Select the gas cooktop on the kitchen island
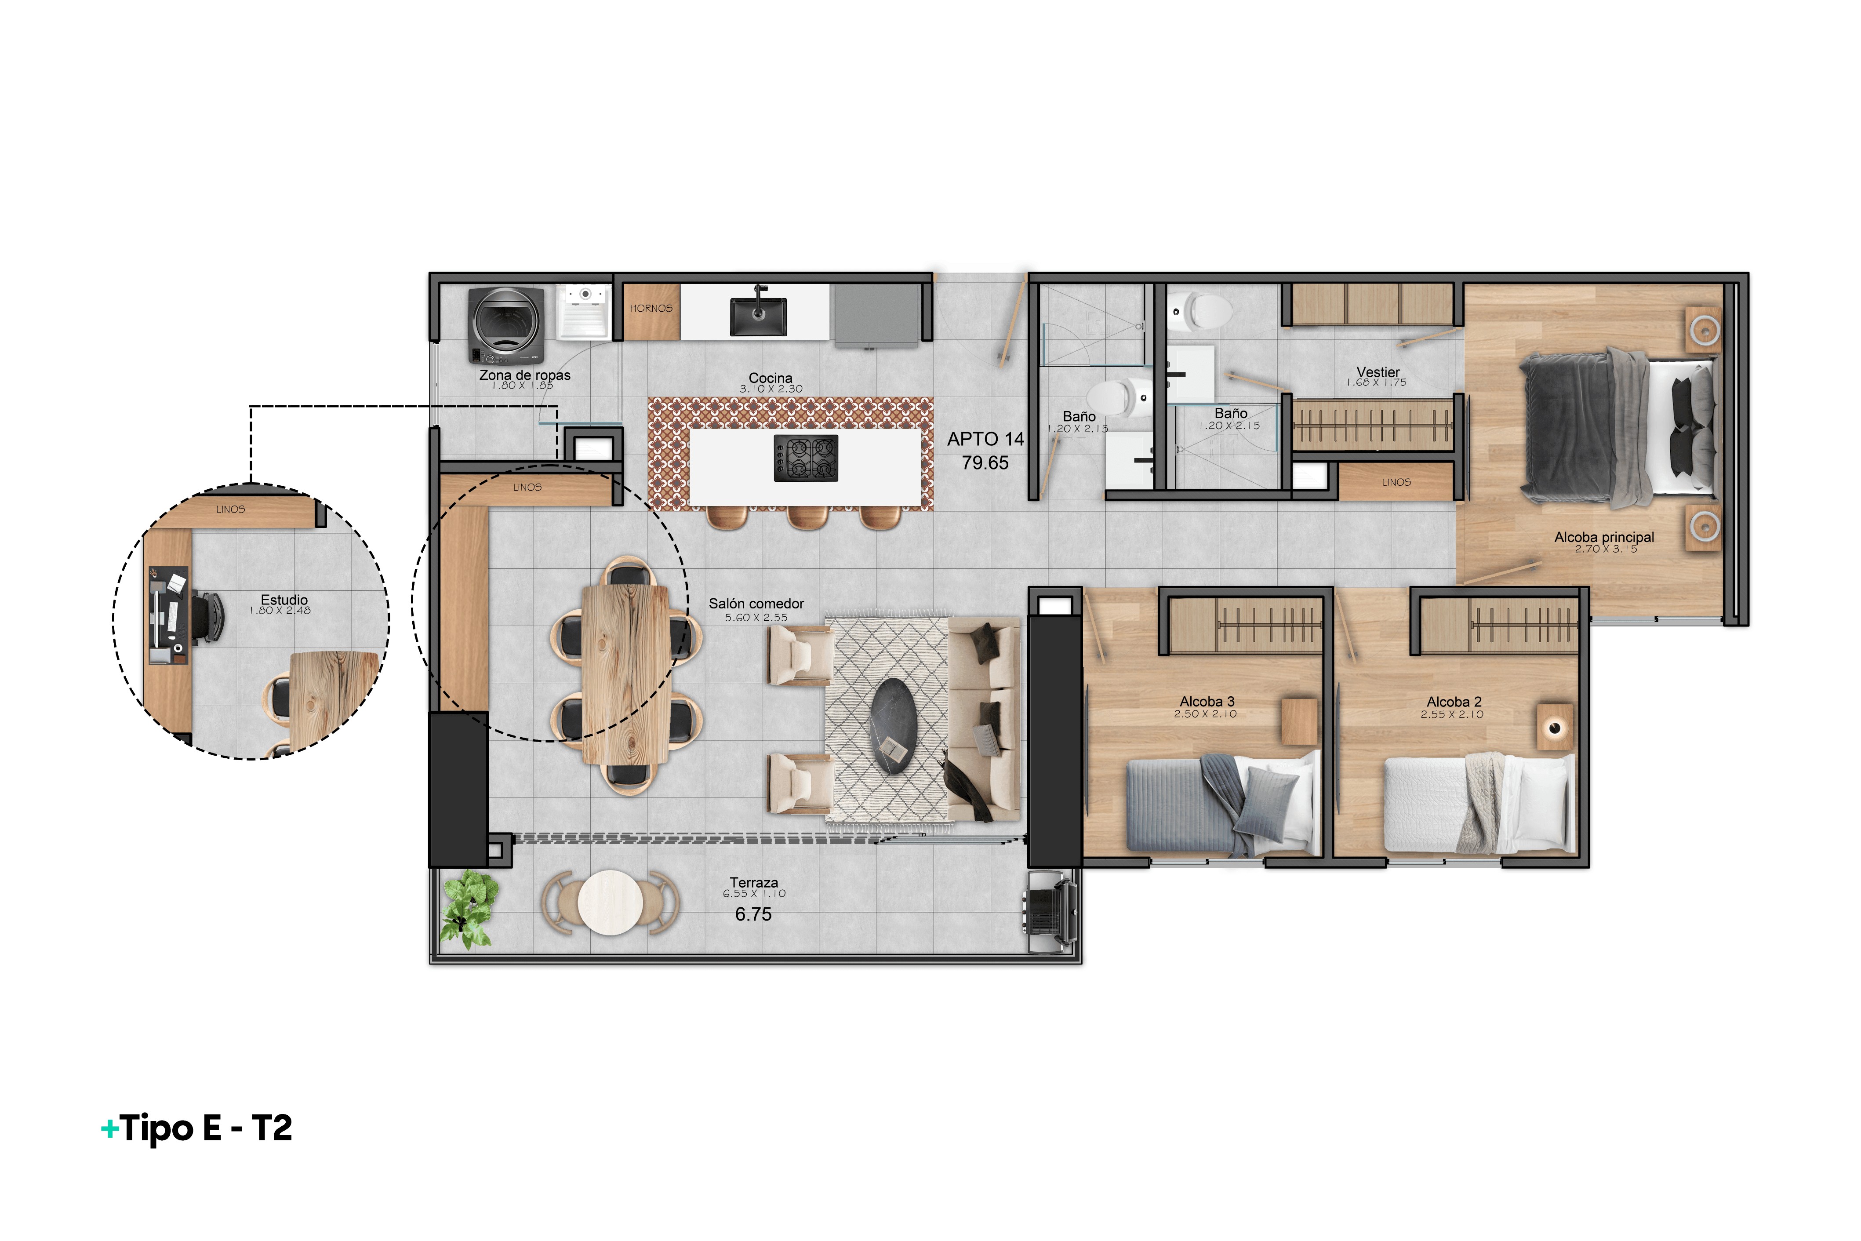[x=806, y=458]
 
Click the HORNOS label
[x=651, y=309]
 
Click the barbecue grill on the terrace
[x=1050, y=911]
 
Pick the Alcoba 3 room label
[x=1207, y=702]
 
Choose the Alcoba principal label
[x=1604, y=537]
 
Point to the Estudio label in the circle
[x=284, y=600]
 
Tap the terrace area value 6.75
[x=753, y=914]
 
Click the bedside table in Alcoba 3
[x=1300, y=721]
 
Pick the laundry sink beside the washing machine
[x=585, y=311]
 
